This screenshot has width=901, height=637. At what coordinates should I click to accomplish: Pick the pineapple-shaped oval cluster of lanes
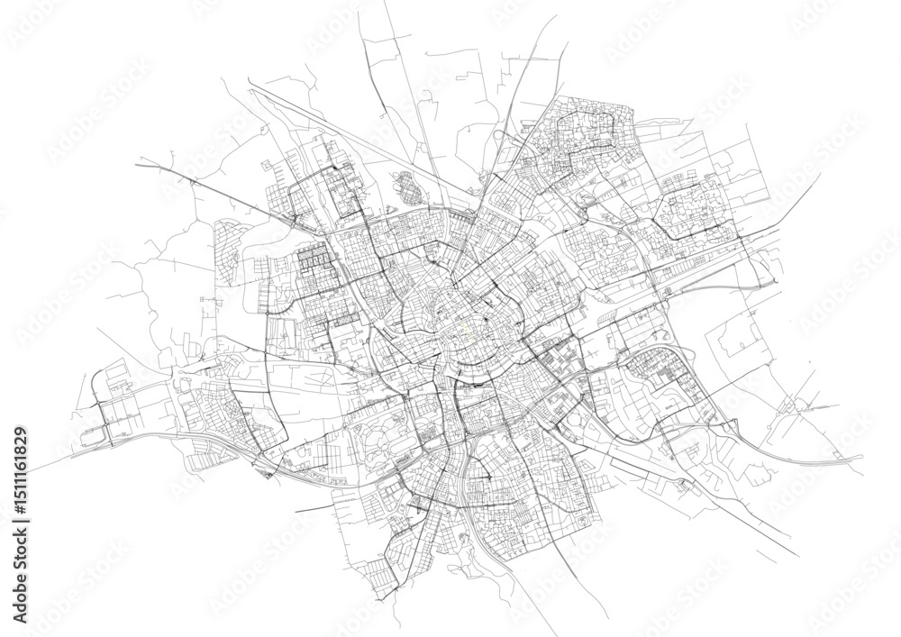[411, 190]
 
